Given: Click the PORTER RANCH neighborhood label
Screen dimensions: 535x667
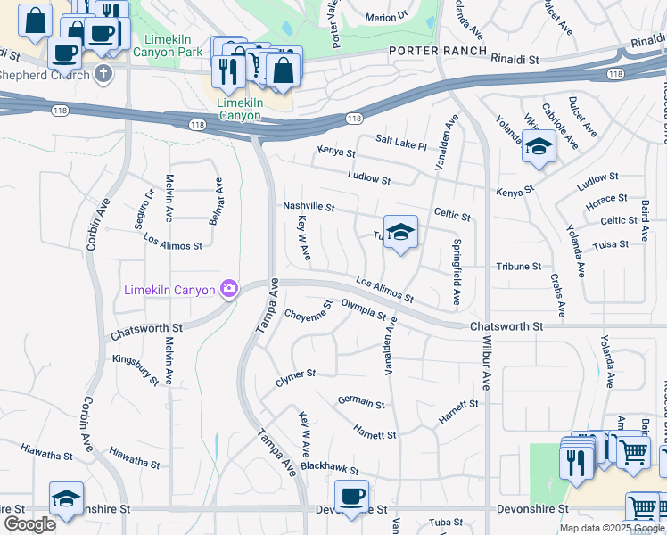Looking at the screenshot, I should click(438, 51).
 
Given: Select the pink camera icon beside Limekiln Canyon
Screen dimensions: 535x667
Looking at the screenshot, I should click(229, 288).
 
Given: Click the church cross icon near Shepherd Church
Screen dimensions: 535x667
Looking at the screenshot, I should click(103, 74).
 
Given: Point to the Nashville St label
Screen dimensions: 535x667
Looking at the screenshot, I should click(309, 207).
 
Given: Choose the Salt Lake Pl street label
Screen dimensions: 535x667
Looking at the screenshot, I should click(401, 142).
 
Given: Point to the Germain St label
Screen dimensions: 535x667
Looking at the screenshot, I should click(361, 404).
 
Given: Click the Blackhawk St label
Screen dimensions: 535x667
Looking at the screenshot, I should click(329, 467).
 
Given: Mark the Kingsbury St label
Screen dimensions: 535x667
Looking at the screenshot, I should click(136, 369).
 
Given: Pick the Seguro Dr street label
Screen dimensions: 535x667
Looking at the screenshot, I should click(144, 210).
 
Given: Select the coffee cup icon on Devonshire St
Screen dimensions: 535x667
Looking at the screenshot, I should click(351, 495).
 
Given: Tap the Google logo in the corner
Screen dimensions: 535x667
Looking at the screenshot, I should click(29, 524).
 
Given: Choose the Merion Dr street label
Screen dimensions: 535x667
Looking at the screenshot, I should click(385, 16).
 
